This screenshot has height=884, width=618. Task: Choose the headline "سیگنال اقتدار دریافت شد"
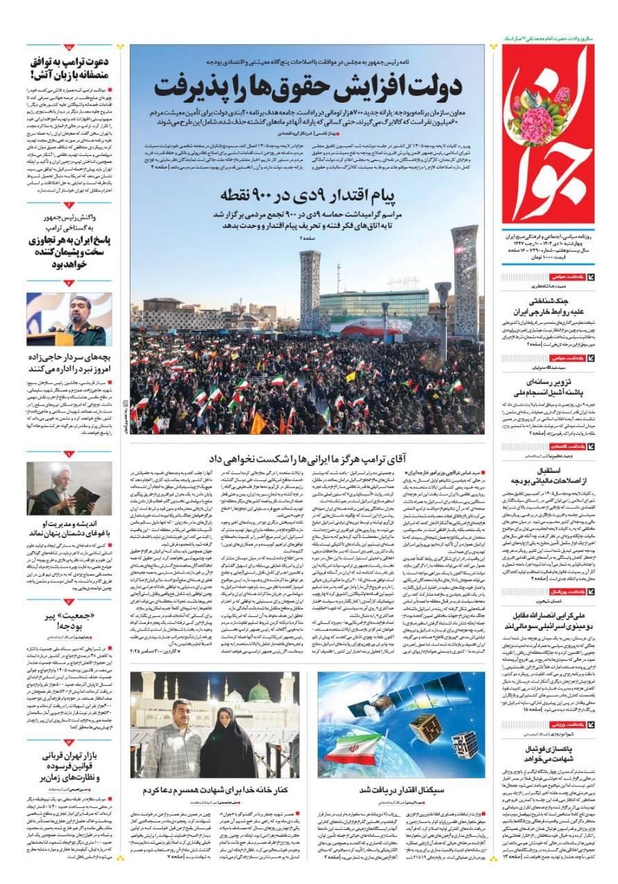point(403,790)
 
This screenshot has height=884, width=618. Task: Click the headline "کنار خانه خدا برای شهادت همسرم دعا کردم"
point(216,790)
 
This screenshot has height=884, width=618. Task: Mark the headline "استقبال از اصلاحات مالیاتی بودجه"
point(551,476)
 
